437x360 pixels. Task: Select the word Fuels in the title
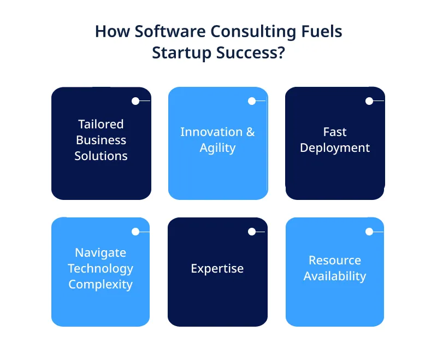(320, 32)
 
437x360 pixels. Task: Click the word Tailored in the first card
(101, 124)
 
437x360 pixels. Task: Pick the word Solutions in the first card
(101, 156)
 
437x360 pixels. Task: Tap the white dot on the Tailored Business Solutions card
(135, 101)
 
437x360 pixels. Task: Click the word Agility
(217, 147)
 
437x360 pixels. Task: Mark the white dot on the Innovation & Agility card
(252, 101)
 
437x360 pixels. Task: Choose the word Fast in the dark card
(335, 132)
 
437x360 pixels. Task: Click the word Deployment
(335, 147)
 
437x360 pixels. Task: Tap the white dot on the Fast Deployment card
(369, 101)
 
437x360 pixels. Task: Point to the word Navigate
(101, 252)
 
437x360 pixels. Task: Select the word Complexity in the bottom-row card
(101, 284)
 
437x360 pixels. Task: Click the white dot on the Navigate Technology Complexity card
(135, 232)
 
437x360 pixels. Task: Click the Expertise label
(217, 268)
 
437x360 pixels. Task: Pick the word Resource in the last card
(335, 260)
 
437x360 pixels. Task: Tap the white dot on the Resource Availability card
(369, 232)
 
